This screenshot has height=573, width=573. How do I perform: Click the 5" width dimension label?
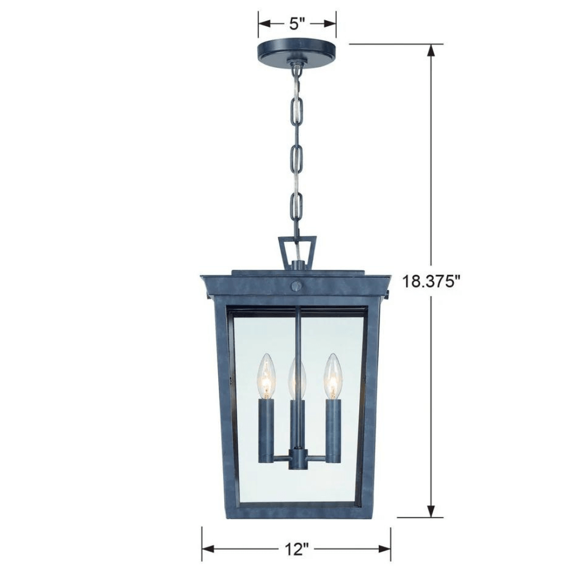297,24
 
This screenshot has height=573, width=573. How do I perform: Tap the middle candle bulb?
297,378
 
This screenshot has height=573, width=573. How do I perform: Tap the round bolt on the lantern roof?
297,286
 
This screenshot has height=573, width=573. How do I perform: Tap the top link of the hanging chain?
297,73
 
